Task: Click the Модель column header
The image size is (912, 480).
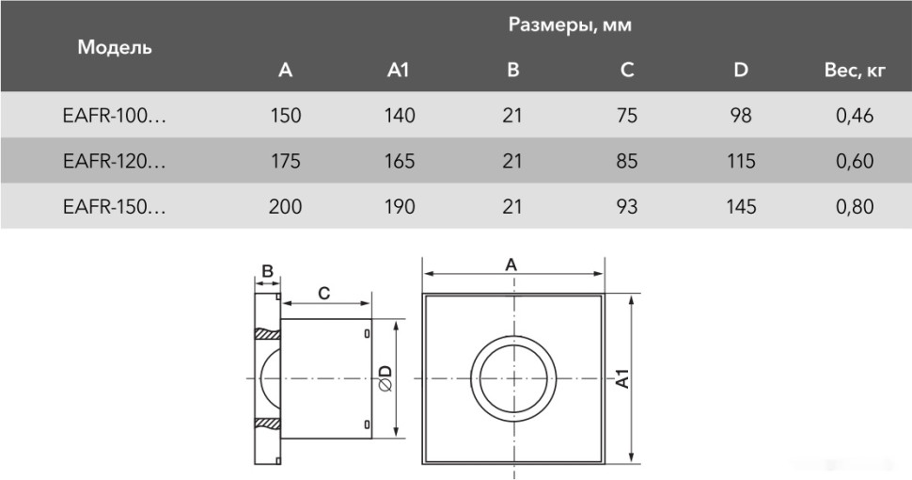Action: [x=115, y=47]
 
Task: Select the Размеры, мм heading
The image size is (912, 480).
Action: [x=570, y=25]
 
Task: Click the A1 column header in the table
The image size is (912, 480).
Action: [x=399, y=71]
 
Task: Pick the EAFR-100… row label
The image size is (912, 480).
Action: [x=114, y=116]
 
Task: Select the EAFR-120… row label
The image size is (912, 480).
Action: [x=114, y=161]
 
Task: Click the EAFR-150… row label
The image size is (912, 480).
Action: [x=114, y=206]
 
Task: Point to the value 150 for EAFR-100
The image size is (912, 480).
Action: [x=286, y=116]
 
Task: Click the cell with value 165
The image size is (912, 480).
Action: [x=400, y=161]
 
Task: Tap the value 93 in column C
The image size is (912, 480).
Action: [x=627, y=206]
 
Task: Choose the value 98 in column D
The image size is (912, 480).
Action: [x=741, y=116]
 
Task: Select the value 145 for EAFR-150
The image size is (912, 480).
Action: [x=741, y=206]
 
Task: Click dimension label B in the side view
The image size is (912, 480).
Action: [x=267, y=272]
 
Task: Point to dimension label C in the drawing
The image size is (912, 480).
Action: [x=323, y=293]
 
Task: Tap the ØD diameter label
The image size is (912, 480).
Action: [x=385, y=378]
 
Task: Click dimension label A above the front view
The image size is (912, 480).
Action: [x=511, y=265]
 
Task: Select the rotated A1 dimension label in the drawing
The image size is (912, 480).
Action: [x=621, y=378]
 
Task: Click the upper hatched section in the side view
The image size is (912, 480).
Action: [x=267, y=334]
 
